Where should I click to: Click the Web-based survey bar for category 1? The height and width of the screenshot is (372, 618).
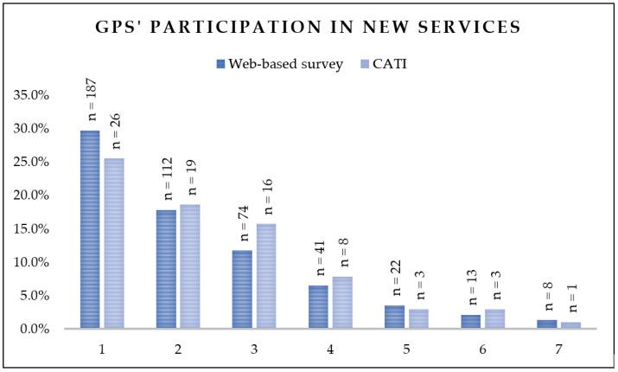tap(90, 229)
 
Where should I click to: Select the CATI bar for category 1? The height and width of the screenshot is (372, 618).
tap(114, 243)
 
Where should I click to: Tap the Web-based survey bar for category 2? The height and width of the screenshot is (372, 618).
tap(166, 269)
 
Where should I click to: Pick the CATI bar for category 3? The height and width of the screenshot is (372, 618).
tap(266, 276)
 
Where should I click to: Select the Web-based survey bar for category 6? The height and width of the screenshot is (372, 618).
tap(470, 322)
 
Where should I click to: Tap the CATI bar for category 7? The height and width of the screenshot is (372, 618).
tap(570, 325)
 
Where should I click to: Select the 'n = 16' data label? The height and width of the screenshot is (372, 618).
tap(268, 202)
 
